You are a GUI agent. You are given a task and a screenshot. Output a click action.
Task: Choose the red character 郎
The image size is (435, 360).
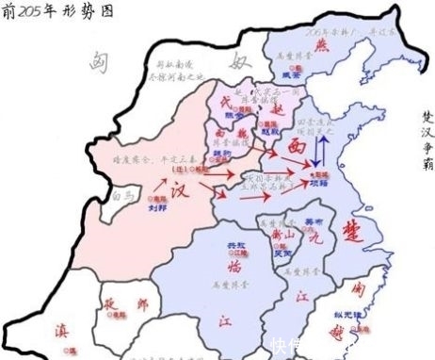(x=143, y=305)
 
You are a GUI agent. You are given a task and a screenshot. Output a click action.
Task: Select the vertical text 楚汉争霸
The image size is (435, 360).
(x=427, y=141)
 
